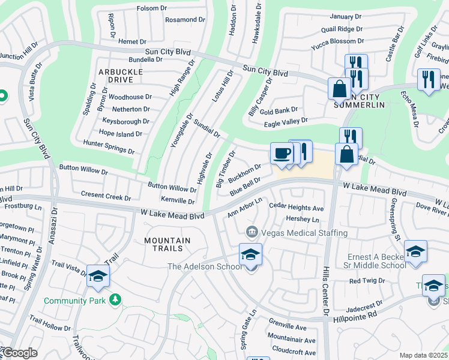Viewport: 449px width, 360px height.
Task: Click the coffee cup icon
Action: pyautogui.click(x=282, y=154)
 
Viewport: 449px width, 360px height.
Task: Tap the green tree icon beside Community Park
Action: pyautogui.click(x=115, y=299)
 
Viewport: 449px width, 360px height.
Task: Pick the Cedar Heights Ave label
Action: pyautogui.click(x=296, y=208)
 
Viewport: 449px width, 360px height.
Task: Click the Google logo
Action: pyautogui.click(x=19, y=353)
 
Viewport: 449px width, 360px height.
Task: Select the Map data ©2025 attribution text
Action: pyautogui.click(x=423, y=355)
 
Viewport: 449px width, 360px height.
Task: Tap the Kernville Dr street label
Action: pyautogui.click(x=178, y=201)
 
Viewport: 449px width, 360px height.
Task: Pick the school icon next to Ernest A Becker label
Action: pyautogui.click(x=415, y=253)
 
